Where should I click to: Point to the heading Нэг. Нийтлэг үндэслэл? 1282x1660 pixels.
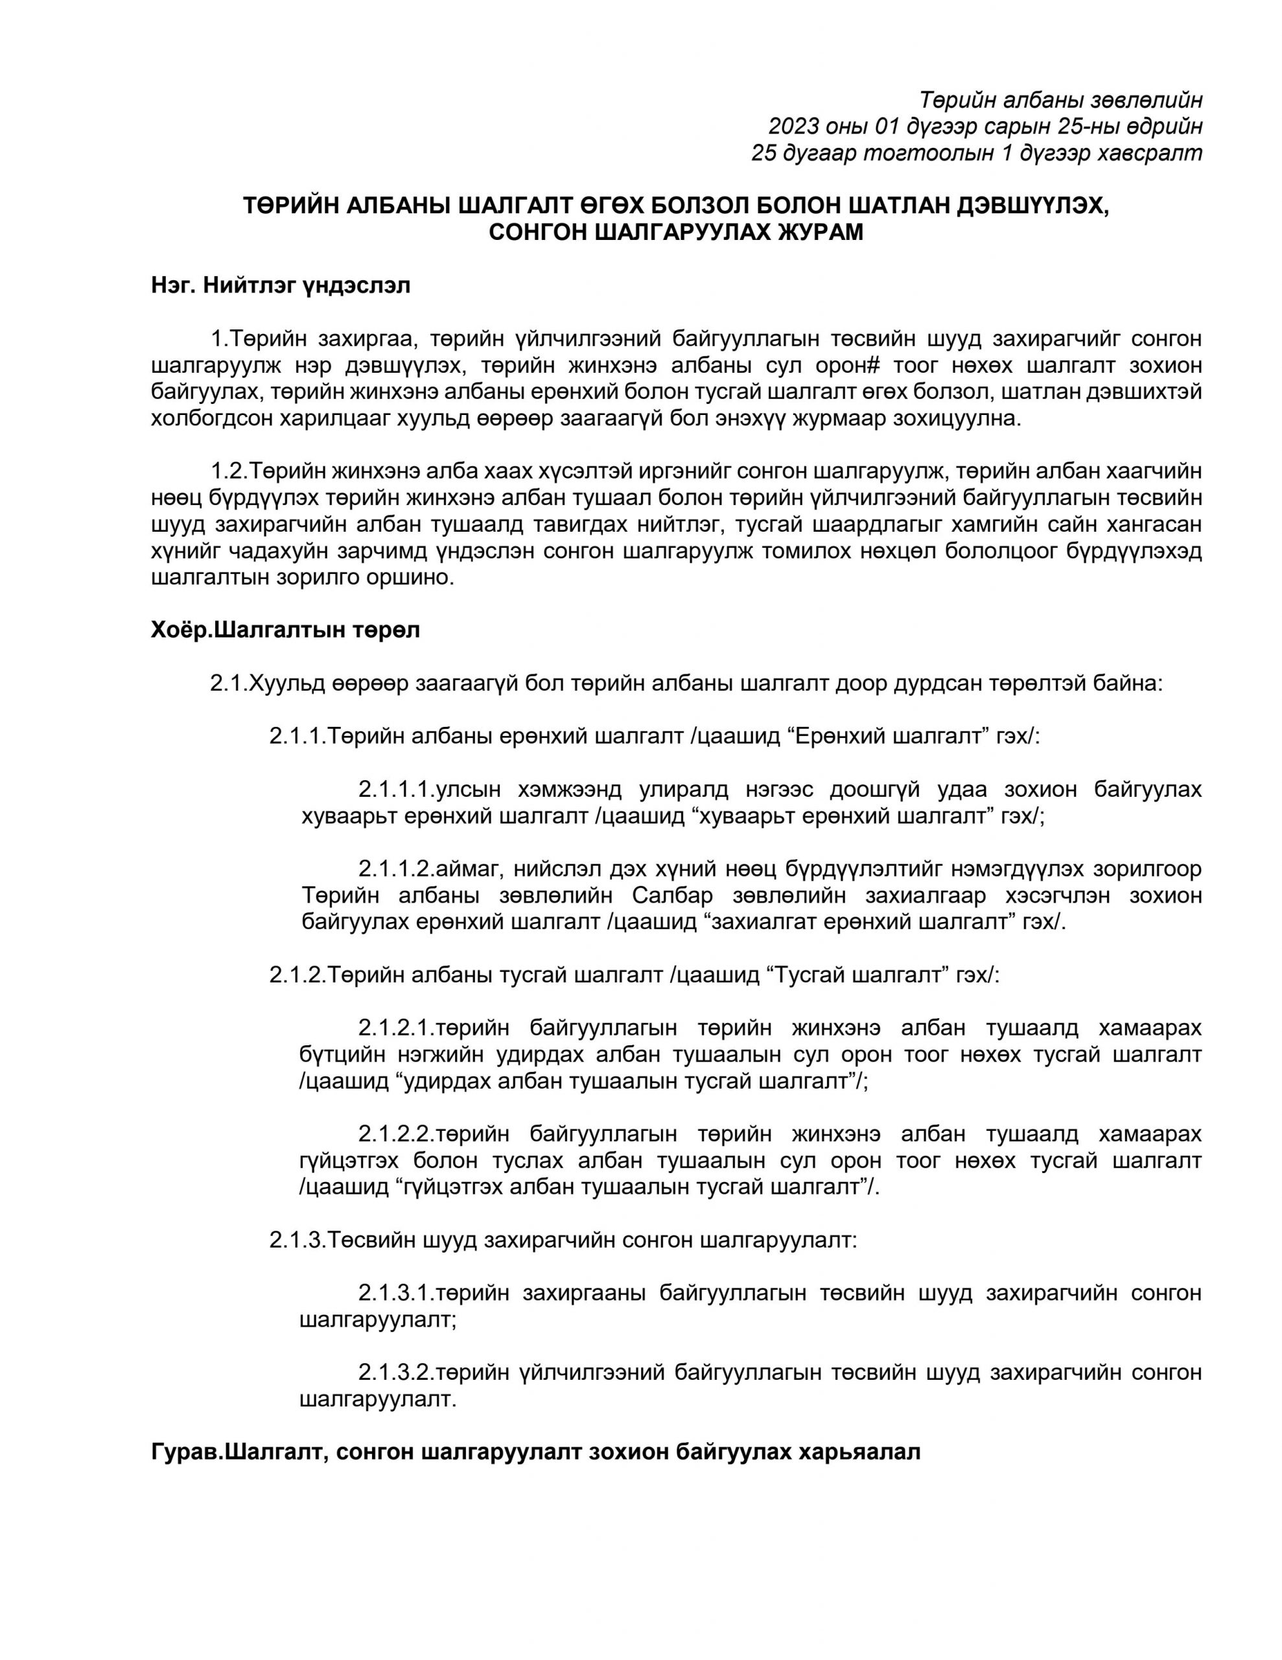click(x=281, y=286)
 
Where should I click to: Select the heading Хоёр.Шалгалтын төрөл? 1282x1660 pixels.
click(x=285, y=630)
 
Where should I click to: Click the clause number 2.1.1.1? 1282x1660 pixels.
click(x=395, y=790)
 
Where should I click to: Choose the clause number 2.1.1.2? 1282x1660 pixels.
click(x=395, y=869)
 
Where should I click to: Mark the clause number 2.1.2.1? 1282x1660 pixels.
click(x=395, y=1028)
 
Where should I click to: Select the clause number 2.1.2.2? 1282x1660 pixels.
click(x=395, y=1134)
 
